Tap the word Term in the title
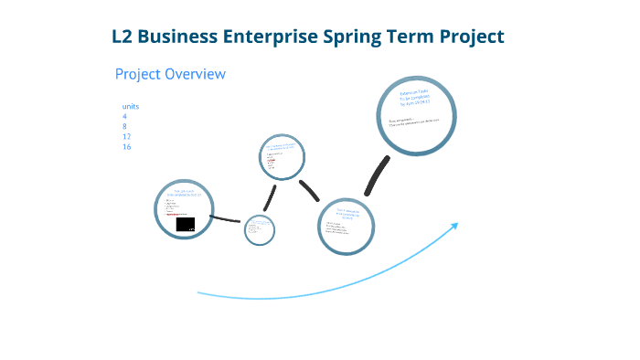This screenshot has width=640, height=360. (412, 37)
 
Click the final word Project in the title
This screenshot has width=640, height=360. (472, 37)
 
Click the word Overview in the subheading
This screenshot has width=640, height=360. (195, 74)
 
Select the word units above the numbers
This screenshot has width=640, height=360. (130, 107)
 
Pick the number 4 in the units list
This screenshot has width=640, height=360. (124, 117)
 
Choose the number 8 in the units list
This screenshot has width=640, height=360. (124, 127)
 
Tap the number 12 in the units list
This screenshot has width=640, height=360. (126, 137)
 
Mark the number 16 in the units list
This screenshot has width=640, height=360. (126, 147)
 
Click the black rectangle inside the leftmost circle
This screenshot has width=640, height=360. (186, 225)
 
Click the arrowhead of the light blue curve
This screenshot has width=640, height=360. (454, 224)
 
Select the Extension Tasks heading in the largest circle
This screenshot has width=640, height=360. (416, 98)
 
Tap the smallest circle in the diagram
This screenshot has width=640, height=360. (260, 228)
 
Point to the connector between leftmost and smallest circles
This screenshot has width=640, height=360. (227, 218)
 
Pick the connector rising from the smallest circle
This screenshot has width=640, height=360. (270, 196)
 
